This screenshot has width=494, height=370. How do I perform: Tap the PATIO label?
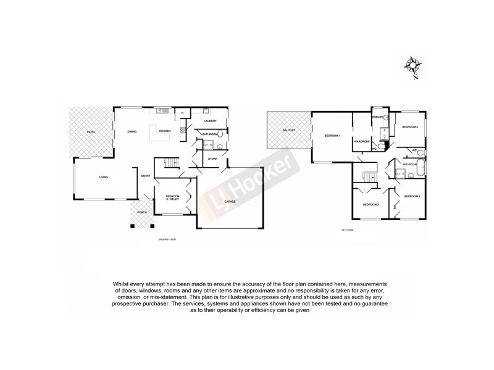tap(91, 131)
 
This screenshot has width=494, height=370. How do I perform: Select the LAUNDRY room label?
tap(209, 121)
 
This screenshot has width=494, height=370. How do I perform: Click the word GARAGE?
tap(230, 201)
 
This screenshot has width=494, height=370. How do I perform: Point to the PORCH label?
tap(142, 212)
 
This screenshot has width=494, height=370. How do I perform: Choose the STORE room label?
tap(212, 158)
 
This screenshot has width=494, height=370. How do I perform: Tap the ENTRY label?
tap(146, 176)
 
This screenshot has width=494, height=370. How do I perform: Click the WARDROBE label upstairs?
tap(361, 141)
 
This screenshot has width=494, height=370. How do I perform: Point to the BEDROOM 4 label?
tap(410, 126)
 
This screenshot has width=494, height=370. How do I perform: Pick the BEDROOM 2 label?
tap(370, 204)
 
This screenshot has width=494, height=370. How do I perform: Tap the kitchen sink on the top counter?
tap(161, 111)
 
